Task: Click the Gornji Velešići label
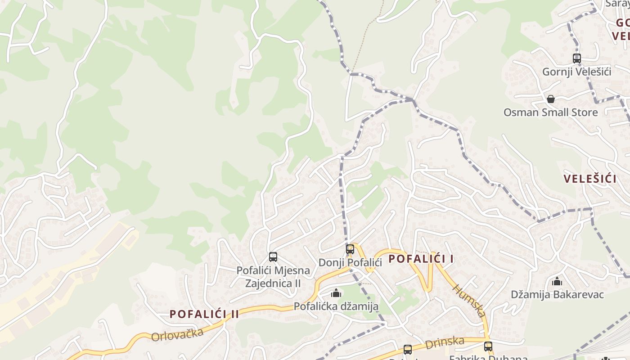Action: tap(576, 72)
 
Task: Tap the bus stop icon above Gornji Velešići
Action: tap(576, 58)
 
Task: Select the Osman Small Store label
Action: tap(550, 112)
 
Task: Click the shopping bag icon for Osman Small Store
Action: tap(550, 99)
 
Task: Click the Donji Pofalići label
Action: tap(350, 262)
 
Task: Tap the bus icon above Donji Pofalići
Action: tap(350, 249)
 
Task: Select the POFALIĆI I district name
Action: tap(421, 259)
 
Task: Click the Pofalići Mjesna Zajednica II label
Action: tap(273, 277)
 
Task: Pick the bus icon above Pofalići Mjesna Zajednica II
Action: tap(273, 257)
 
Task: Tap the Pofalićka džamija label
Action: tap(336, 306)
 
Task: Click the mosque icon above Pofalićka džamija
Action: tap(336, 293)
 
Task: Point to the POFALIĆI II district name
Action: tap(204, 314)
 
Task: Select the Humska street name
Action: tap(469, 301)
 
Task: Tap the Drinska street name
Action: tap(445, 342)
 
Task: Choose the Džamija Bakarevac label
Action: tap(557, 294)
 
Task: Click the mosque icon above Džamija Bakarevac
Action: tap(557, 282)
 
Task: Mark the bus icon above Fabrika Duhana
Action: tap(488, 346)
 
